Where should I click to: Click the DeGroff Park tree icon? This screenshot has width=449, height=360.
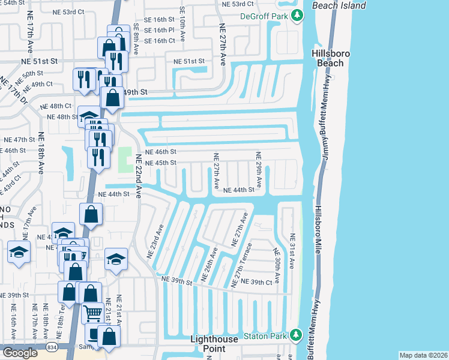pyautogui.click(x=295, y=17)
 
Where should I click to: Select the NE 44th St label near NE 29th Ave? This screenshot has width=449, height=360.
pyautogui.click(x=240, y=190)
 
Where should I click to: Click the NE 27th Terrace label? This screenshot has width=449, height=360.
pyautogui.click(x=240, y=267)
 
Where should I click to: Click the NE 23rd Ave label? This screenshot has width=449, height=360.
pyautogui.click(x=155, y=242)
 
